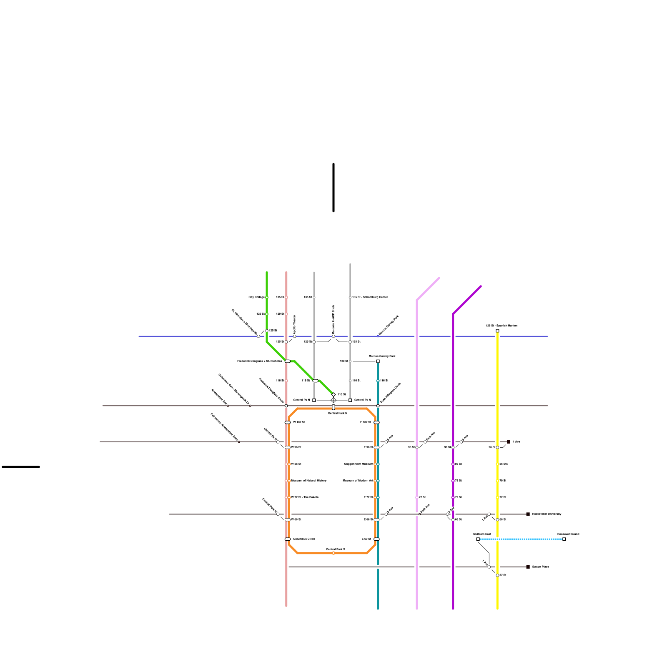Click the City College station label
[x=256, y=297]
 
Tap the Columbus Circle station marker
[x=288, y=539]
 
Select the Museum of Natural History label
[x=308, y=481]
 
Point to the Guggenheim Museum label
[x=358, y=464]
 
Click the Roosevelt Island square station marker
[x=564, y=539]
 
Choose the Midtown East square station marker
[x=478, y=539]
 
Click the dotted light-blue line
[x=521, y=539]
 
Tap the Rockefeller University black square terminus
[x=528, y=514]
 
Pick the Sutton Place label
[x=540, y=567]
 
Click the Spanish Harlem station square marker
[x=497, y=331]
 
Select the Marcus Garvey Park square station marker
[x=378, y=361]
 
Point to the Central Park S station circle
[x=333, y=553]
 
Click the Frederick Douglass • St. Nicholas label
[x=259, y=361]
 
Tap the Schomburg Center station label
[x=370, y=297]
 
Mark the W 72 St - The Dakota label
[x=304, y=497]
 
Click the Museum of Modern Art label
[x=358, y=481]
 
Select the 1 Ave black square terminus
[x=508, y=442]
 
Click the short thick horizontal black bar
[x=21, y=467]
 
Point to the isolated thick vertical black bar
[x=333, y=188]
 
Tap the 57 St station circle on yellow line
[x=497, y=575]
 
